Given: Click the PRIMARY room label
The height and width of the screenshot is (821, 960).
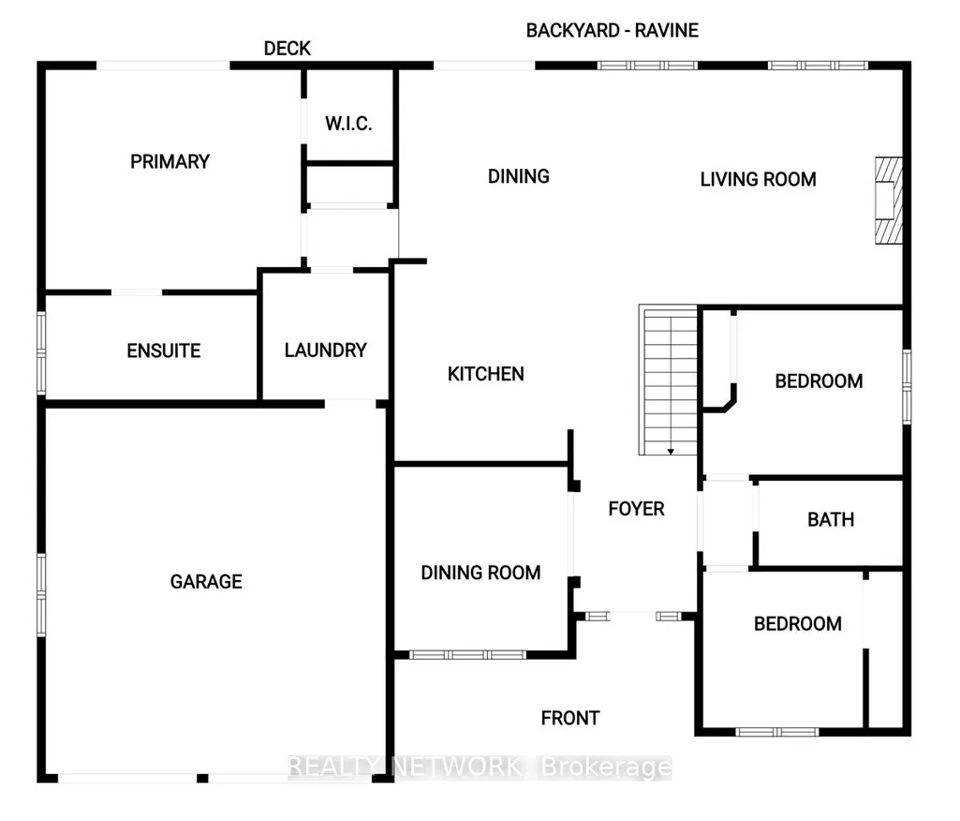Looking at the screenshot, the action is (x=170, y=162).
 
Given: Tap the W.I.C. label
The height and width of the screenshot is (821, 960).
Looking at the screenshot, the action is (x=348, y=124).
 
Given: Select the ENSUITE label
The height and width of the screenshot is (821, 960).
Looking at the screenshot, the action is (x=164, y=351).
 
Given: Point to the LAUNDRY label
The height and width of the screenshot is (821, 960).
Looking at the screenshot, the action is (x=325, y=351).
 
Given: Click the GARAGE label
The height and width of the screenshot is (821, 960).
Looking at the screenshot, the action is (x=206, y=581).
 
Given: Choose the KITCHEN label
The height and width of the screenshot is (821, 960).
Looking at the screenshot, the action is (x=485, y=374).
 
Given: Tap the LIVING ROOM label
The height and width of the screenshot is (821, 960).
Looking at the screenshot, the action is (x=758, y=180).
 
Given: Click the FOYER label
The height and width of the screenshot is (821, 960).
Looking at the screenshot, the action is (x=636, y=509).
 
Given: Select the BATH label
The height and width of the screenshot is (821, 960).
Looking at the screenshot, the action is (x=830, y=519).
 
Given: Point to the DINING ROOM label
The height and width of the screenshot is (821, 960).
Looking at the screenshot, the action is (x=480, y=573).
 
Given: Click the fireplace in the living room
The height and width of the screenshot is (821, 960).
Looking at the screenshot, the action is (x=889, y=201).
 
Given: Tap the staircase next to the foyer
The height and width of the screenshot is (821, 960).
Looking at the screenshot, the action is (x=668, y=380).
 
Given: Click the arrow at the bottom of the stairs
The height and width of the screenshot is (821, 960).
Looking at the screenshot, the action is (x=671, y=452).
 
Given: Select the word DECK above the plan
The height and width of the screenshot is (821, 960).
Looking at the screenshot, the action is (x=288, y=49).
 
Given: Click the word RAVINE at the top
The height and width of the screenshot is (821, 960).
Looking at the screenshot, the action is (x=666, y=31).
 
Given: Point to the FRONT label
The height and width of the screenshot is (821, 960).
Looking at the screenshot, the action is (x=570, y=718).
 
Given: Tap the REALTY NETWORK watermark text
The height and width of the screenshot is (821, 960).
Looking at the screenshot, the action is (x=405, y=767).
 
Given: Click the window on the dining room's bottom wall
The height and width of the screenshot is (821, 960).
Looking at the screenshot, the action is (x=467, y=655).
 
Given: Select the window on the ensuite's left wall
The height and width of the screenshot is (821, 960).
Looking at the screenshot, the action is (x=41, y=353).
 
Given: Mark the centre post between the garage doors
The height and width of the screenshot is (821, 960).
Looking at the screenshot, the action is (x=202, y=778).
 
